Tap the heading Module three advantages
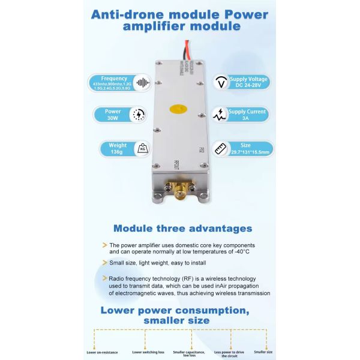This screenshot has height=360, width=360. (x=182, y=228)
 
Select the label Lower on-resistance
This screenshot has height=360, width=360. (x=102, y=352)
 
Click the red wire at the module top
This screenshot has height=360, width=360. (x=191, y=50)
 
